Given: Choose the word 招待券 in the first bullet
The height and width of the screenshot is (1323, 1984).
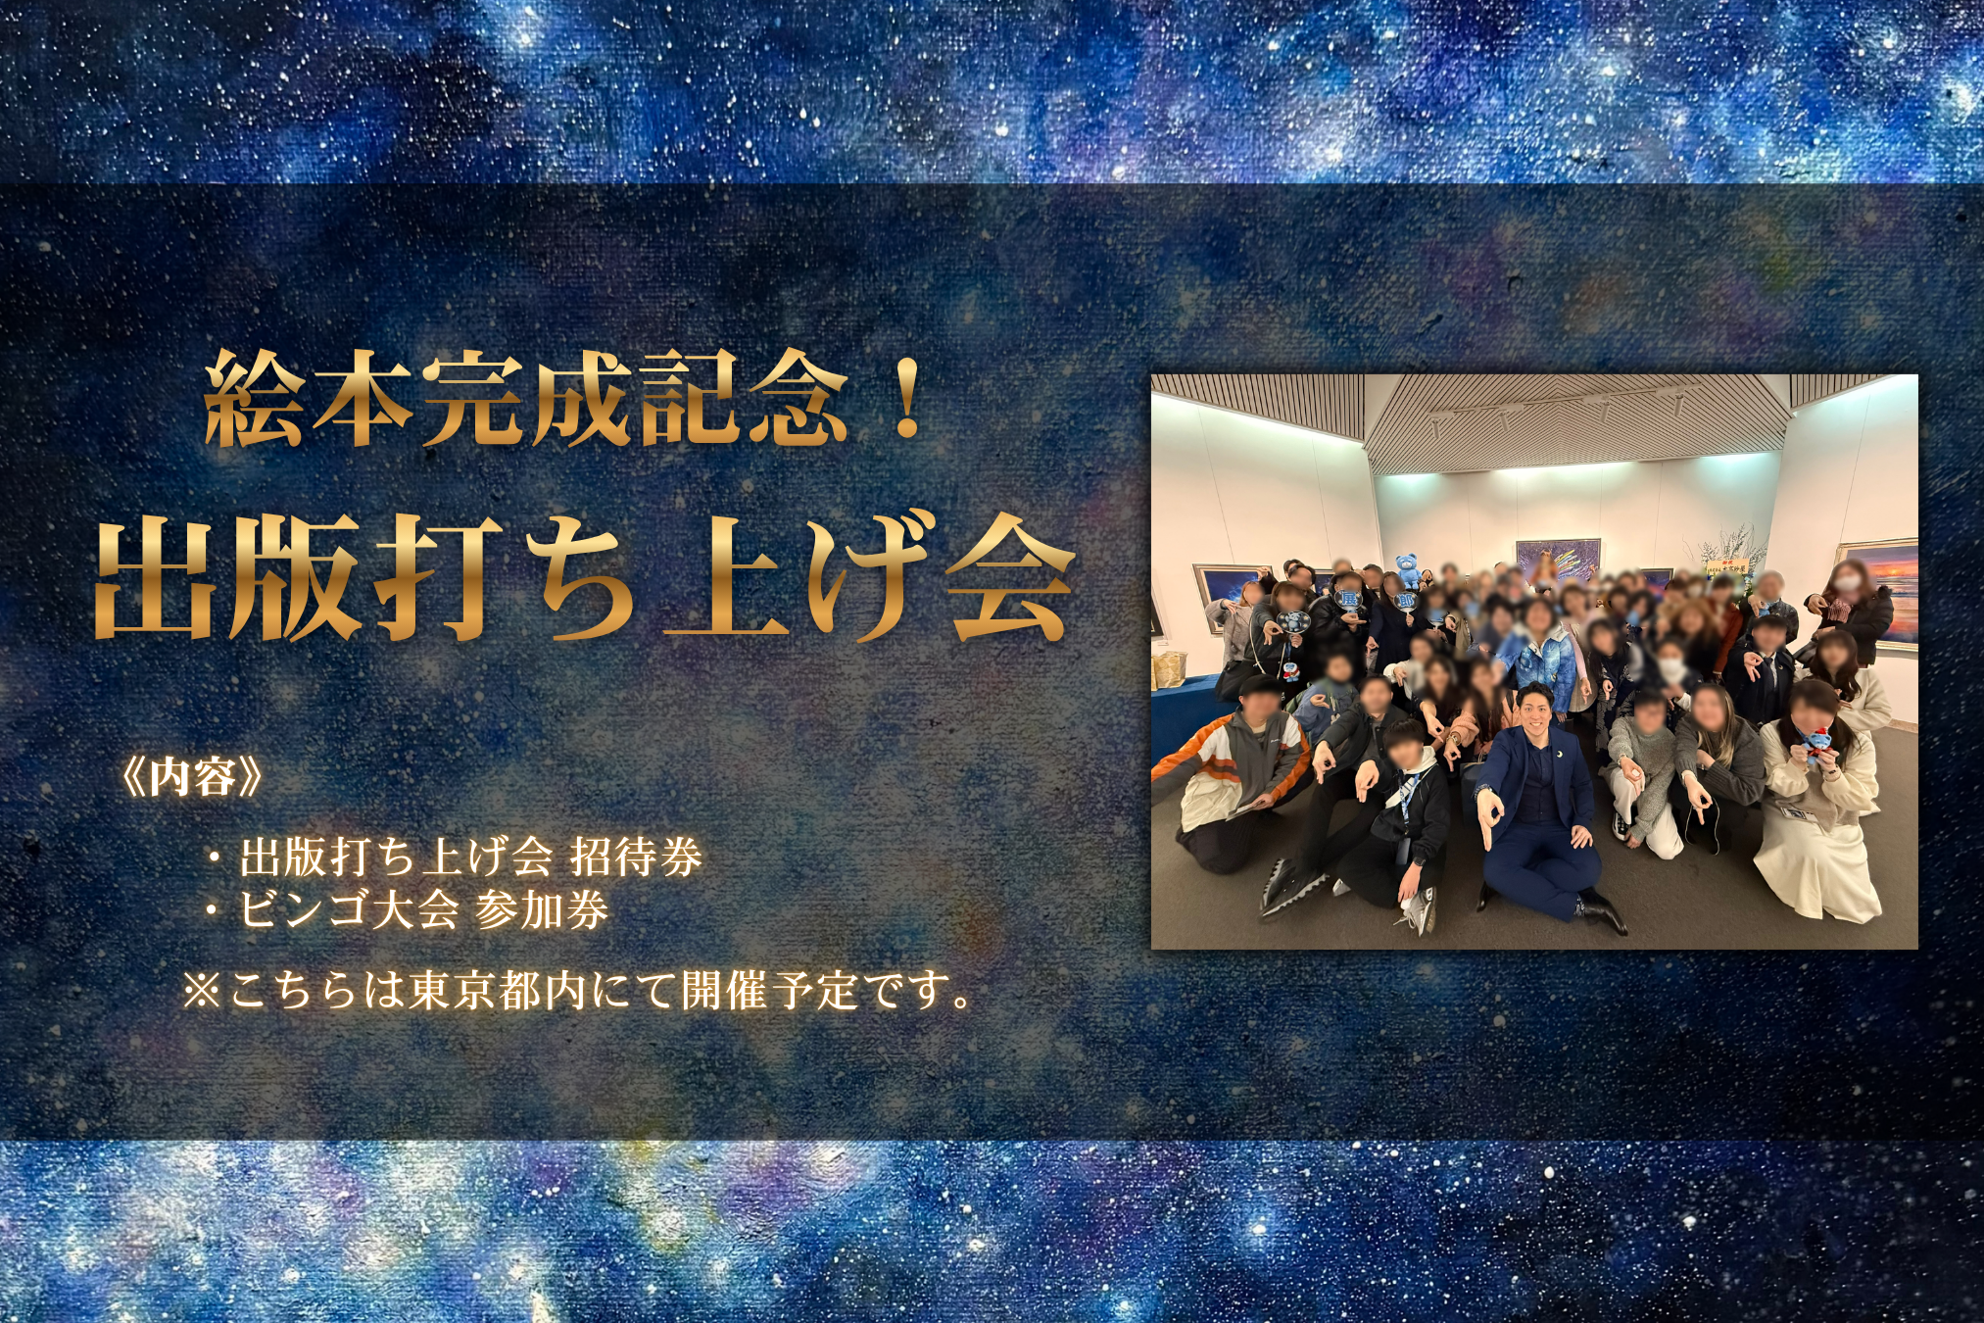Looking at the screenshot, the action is tap(636, 857).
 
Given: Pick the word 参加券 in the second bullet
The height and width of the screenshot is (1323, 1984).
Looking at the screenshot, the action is tap(542, 909).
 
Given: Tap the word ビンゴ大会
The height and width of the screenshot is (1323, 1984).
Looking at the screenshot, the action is tap(349, 909).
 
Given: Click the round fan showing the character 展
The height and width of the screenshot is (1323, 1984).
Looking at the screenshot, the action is tap(1348, 600).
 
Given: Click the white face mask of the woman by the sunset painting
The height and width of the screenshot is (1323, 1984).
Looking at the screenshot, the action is tap(1842, 582).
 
